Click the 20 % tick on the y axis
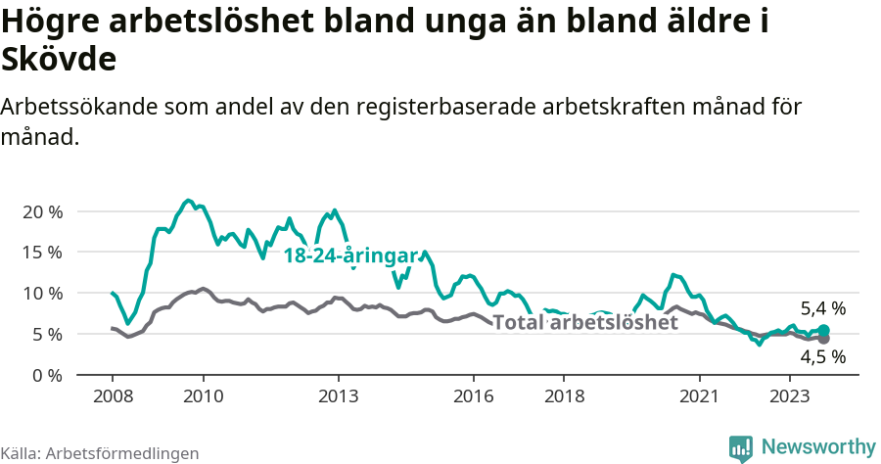pos(42,211)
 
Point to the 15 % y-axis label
pos(42,252)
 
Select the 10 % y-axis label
pos(42,293)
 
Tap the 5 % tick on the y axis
pos(47,334)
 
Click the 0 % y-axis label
pos(47,375)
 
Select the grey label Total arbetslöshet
pos(585,323)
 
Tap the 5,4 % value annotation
pos(822,308)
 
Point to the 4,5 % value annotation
pos(822,357)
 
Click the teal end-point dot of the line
pos(823,331)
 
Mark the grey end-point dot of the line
pos(823,339)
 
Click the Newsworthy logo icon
pos(741,447)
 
